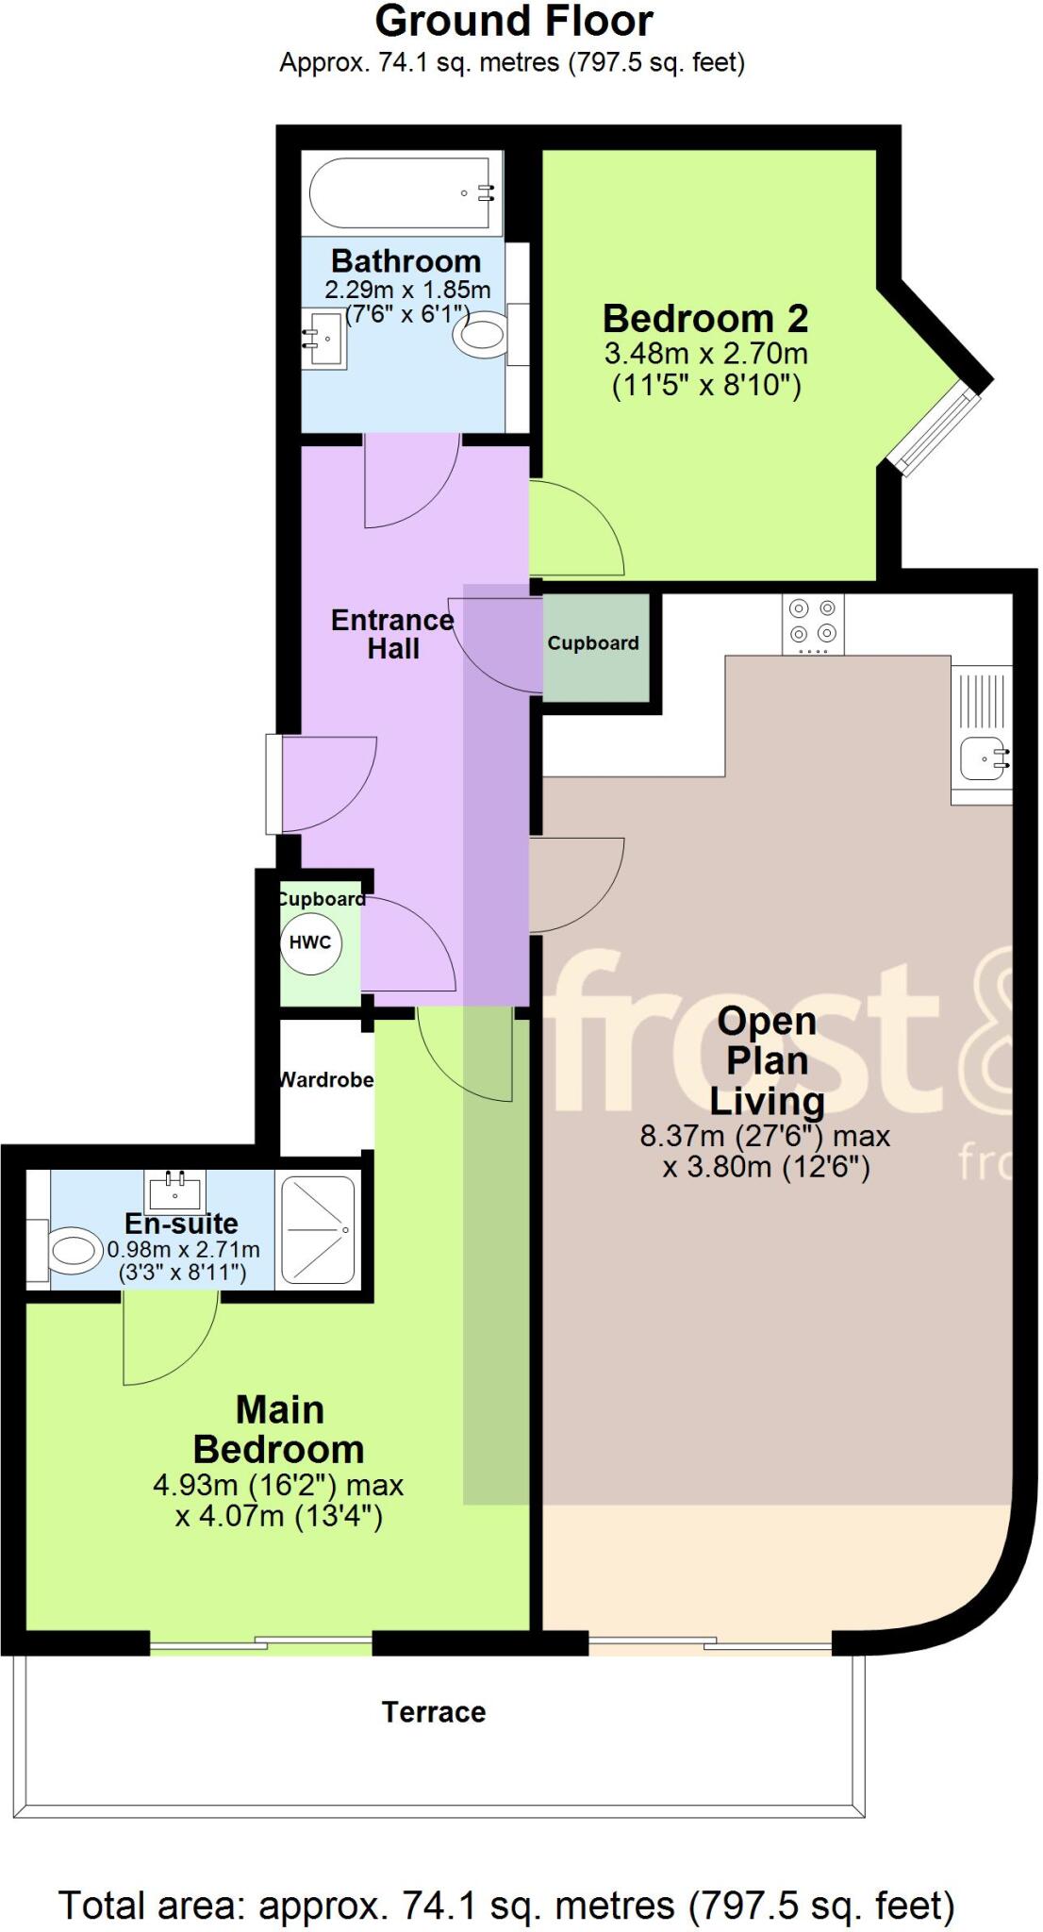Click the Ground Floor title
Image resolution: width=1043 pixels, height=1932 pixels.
pos(514,21)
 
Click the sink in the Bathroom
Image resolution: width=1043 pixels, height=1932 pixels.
pos(323,338)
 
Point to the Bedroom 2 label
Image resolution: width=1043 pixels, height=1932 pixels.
pos(705,319)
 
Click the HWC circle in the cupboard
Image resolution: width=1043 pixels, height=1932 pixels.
pos(309,941)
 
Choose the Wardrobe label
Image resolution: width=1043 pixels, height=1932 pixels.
pos(326,1079)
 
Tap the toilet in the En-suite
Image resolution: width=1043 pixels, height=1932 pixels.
pos(74,1252)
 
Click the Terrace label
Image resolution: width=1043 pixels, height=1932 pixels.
pos(434,1711)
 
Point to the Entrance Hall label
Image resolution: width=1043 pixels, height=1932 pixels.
pos(392,634)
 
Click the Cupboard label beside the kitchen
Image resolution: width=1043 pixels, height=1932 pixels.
pos(593,643)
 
